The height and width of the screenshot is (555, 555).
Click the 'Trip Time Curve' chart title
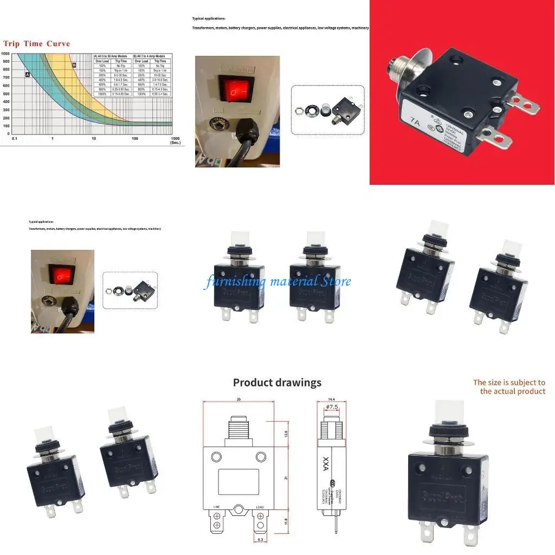(x=37, y=43)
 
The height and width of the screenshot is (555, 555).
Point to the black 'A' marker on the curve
(x=27, y=75)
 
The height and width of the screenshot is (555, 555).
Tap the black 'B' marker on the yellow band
(x=74, y=65)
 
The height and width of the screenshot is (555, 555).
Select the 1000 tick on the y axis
(x=5, y=54)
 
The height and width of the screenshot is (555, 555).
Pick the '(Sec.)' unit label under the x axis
(x=175, y=143)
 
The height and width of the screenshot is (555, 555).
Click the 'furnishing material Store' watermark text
(x=277, y=281)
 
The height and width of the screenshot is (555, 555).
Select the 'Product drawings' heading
(x=277, y=383)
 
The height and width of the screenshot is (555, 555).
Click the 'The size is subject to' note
(x=509, y=383)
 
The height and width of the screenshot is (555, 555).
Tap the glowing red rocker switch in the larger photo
(x=233, y=93)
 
